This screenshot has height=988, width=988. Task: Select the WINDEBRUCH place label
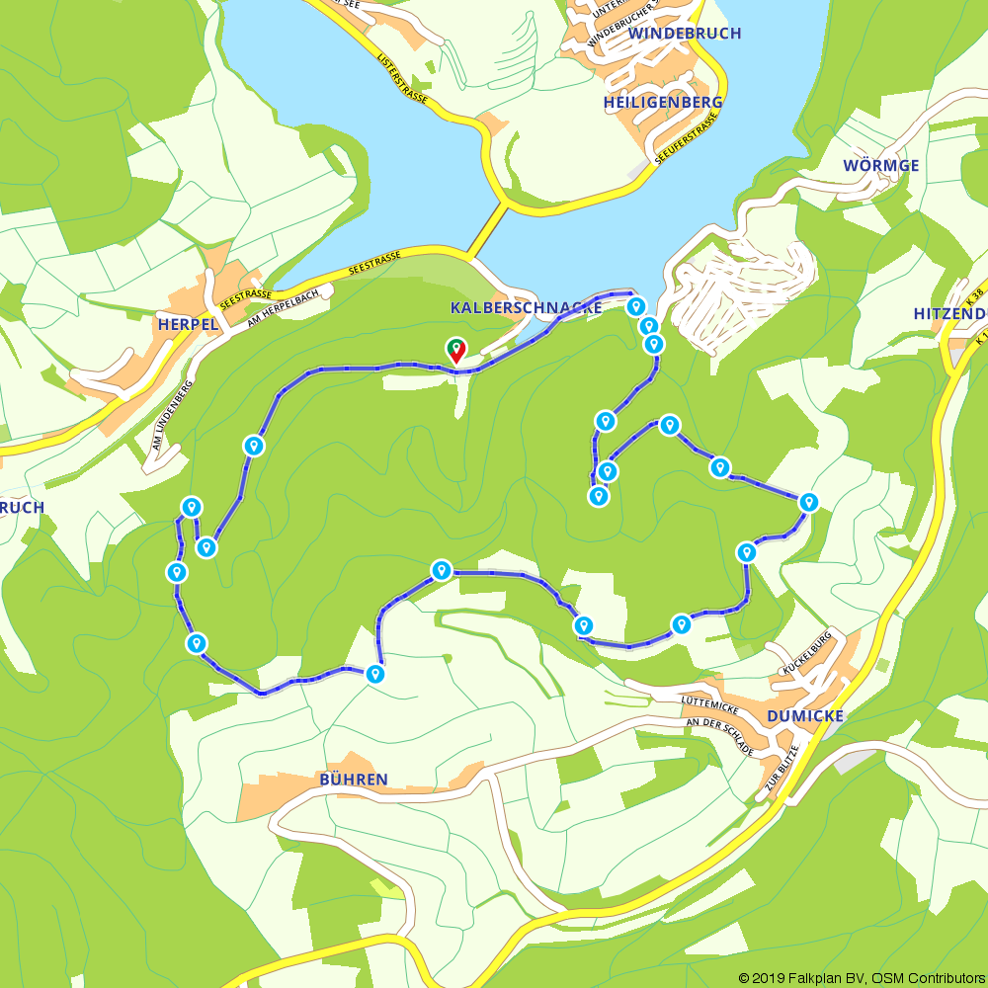point(684,34)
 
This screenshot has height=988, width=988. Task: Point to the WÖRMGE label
point(880,165)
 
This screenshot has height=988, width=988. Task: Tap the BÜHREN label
point(353,780)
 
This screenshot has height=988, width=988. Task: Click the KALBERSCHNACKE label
point(526,308)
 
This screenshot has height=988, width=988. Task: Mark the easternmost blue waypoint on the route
point(809,502)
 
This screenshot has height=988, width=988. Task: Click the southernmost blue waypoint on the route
point(374,675)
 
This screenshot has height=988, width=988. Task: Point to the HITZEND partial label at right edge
point(948,313)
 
